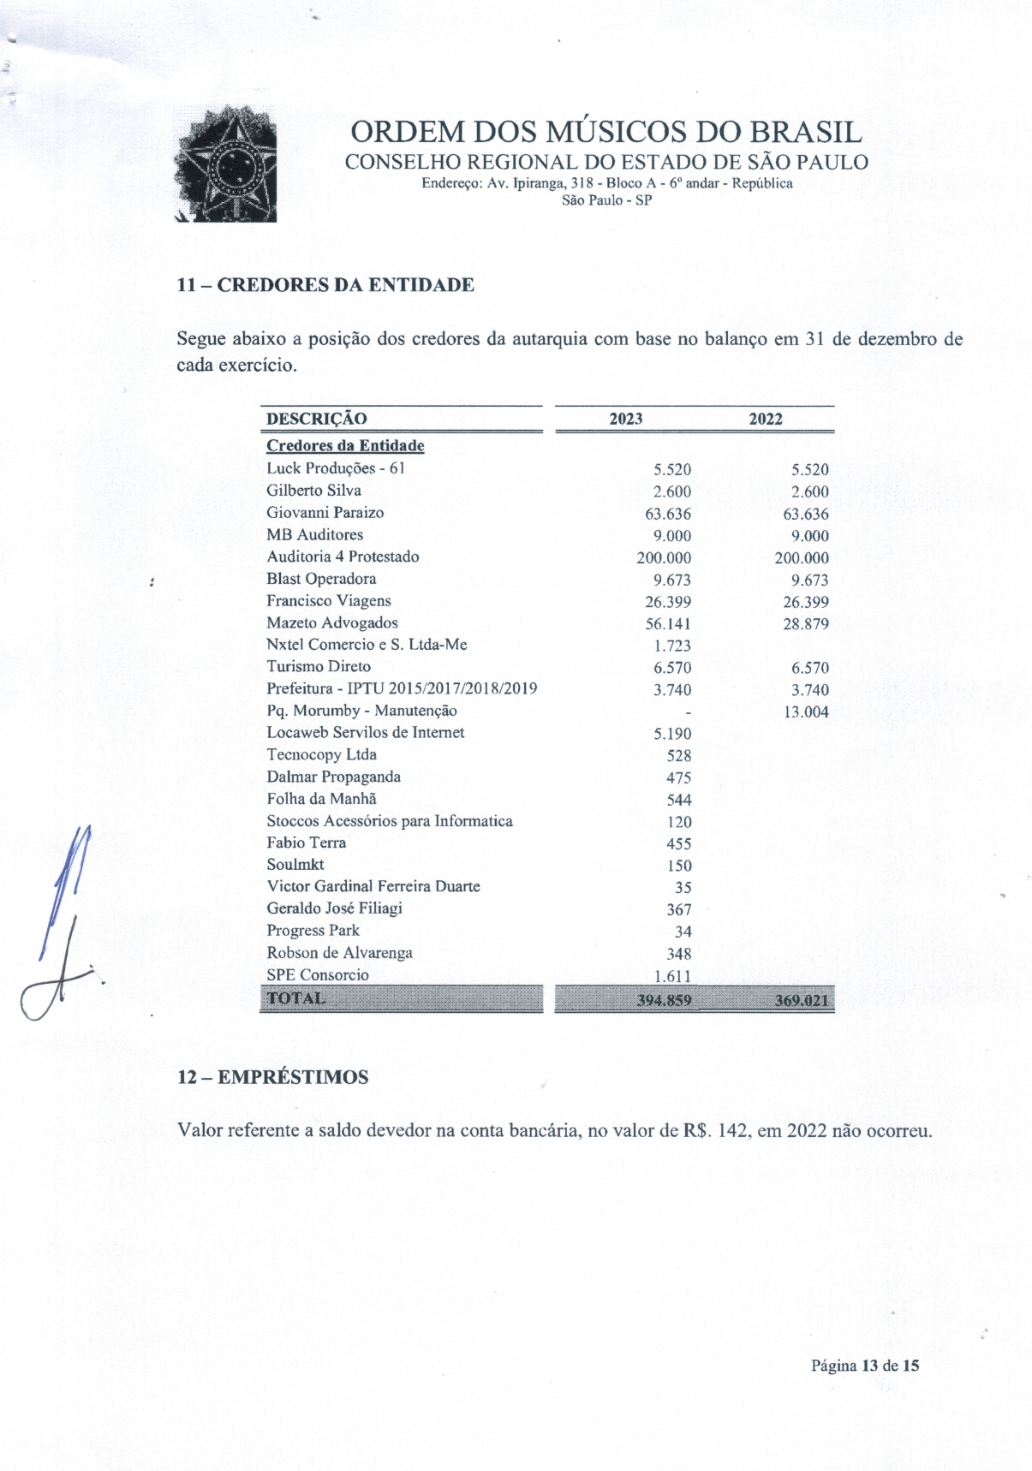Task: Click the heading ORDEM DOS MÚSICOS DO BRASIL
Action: [605, 132]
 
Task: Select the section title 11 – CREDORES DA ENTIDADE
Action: [325, 285]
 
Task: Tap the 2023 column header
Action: [625, 419]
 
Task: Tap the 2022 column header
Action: [765, 419]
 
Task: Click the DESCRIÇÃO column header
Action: [316, 419]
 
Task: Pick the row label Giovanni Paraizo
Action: [325, 513]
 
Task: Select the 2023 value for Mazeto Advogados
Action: [668, 624]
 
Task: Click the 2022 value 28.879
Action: [806, 624]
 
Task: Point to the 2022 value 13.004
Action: [806, 712]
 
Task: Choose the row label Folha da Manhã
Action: [321, 799]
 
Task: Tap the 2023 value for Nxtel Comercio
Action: [672, 646]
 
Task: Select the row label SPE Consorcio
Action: [318, 975]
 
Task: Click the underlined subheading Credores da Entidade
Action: [345, 446]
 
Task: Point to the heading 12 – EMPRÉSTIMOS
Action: [272, 1077]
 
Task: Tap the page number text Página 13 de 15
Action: [865, 1366]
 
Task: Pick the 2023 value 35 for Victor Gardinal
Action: [683, 888]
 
